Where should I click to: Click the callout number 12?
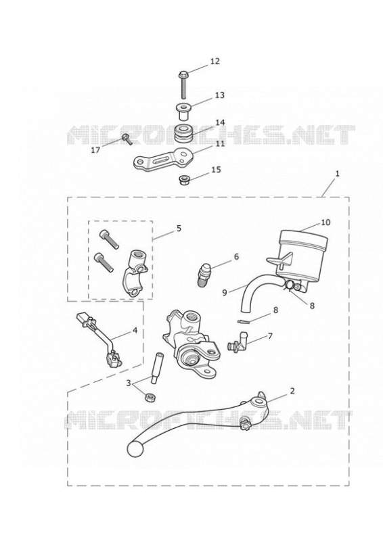pyautogui.click(x=215, y=61)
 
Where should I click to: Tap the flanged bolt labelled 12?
pyautogui.click(x=183, y=84)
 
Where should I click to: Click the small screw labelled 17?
pyautogui.click(x=127, y=139)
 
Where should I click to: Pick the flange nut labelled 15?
pyautogui.click(x=184, y=180)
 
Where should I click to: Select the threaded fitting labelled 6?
pyautogui.click(x=203, y=275)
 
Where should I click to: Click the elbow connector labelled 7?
pyautogui.click(x=238, y=341)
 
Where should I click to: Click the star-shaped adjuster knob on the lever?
pyautogui.click(x=246, y=422)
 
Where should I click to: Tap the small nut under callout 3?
pyautogui.click(x=150, y=397)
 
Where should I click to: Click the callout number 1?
pyautogui.click(x=338, y=174)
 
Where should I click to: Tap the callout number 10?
pyautogui.click(x=325, y=222)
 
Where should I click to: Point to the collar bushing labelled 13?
pyautogui.click(x=183, y=110)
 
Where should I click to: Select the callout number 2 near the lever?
pyautogui.click(x=292, y=391)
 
